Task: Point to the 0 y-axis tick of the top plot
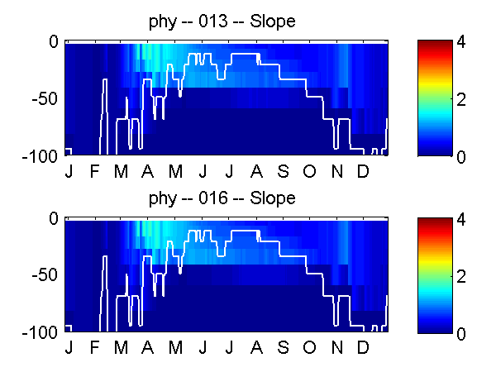(x=54, y=41)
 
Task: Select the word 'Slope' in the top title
(x=272, y=21)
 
